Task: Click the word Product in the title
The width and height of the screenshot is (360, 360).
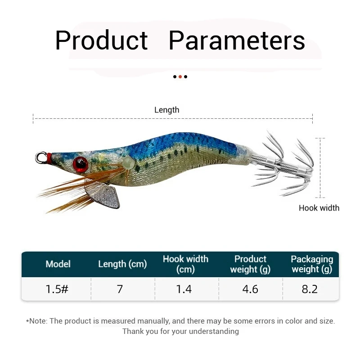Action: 101,40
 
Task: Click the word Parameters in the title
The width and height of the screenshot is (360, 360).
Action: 237,40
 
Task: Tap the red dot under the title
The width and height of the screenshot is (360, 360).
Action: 180,76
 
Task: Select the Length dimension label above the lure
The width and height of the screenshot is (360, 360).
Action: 166,110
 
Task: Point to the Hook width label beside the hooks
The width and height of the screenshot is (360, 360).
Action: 319,208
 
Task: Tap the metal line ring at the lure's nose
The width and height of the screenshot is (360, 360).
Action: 41,157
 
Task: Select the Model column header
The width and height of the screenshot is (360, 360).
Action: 58,264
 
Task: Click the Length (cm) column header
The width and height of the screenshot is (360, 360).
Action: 122,264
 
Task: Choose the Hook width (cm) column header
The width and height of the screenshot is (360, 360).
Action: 185,264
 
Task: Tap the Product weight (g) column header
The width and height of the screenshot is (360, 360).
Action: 250,264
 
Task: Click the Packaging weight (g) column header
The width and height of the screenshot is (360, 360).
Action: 312,264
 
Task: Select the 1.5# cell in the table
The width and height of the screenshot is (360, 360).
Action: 57,289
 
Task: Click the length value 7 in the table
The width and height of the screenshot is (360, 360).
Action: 120,289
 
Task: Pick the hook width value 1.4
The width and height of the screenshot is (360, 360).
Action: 184,289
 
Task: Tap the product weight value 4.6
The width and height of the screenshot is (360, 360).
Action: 250,289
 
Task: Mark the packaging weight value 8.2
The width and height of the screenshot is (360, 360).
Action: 310,289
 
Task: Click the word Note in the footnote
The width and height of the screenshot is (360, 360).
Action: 39,321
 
